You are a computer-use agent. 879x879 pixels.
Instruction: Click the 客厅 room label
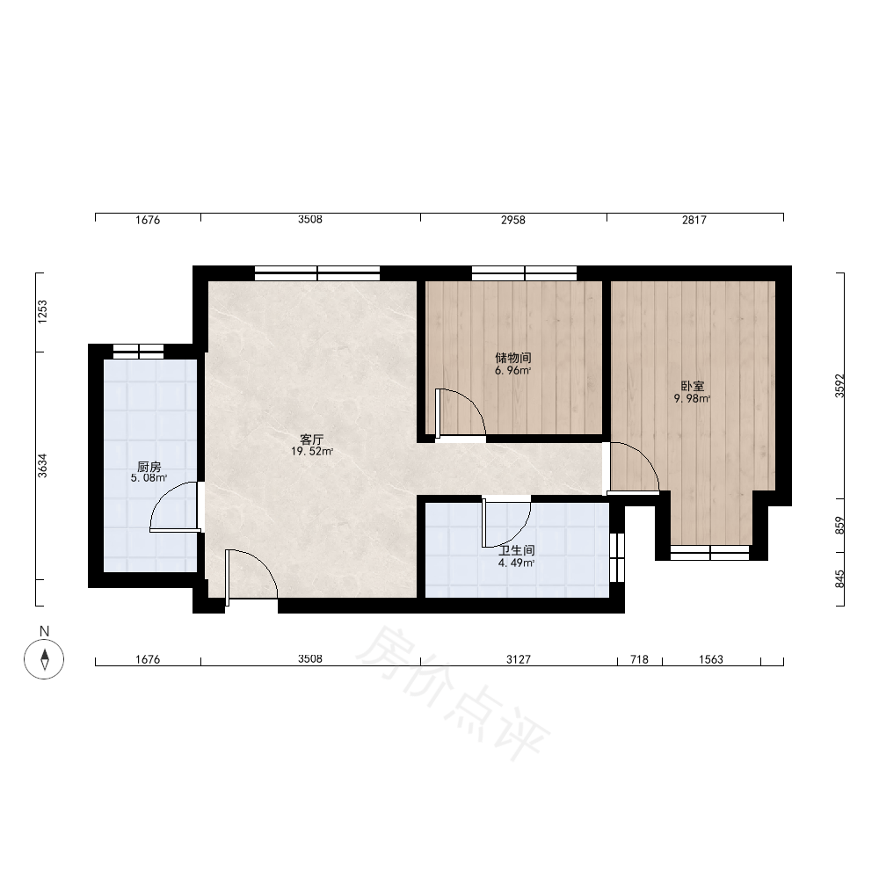(x=312, y=439)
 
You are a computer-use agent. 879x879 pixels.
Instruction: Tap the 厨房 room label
(x=149, y=467)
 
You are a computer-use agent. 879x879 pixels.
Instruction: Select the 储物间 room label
(x=513, y=358)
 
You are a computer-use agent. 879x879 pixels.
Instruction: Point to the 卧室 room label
(x=693, y=386)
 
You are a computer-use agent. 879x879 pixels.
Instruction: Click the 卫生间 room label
(x=516, y=550)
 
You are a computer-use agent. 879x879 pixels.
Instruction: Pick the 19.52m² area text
(x=312, y=451)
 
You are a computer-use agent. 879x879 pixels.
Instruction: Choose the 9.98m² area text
(x=693, y=398)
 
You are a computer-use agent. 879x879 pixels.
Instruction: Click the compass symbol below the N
(x=44, y=658)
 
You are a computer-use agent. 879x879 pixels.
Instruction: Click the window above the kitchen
(x=139, y=352)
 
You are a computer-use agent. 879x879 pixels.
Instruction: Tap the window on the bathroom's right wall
(x=617, y=558)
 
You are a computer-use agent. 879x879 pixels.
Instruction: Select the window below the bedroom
(x=710, y=553)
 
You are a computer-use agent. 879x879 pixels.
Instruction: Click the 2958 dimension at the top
(x=513, y=221)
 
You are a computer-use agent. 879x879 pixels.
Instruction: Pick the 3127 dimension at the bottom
(x=519, y=660)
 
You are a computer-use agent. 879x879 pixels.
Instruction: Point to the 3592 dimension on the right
(x=839, y=386)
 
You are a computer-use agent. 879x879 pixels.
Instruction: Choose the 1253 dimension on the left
(x=42, y=312)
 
